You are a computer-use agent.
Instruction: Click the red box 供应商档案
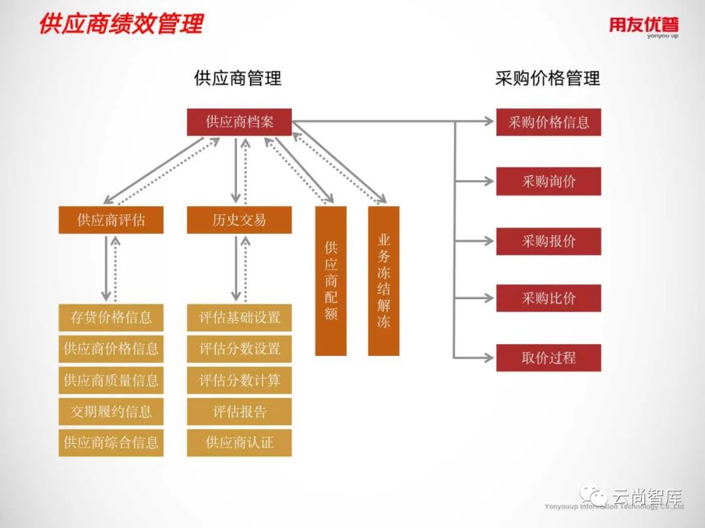click(x=239, y=122)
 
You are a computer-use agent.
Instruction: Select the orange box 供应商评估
click(x=111, y=220)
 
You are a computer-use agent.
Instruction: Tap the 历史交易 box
click(x=239, y=220)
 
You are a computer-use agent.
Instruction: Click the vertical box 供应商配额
click(x=331, y=281)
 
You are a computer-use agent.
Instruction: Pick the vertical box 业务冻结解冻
click(x=383, y=281)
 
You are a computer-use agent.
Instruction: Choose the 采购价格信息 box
click(x=548, y=122)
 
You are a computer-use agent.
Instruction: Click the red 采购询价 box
click(x=548, y=181)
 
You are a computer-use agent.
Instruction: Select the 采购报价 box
click(x=548, y=241)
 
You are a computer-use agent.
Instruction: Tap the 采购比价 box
click(x=548, y=299)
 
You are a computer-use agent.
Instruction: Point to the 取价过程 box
click(x=548, y=358)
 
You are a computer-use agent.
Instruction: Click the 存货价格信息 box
click(x=111, y=317)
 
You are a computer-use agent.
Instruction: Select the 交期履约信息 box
click(x=111, y=412)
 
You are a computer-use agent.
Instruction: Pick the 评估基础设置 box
click(x=239, y=317)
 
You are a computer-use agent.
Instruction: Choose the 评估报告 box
click(x=239, y=412)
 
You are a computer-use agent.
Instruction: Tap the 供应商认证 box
click(x=239, y=443)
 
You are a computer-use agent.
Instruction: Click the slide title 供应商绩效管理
click(x=121, y=24)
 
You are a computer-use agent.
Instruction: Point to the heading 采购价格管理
click(x=547, y=79)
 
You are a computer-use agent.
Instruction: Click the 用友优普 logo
click(x=644, y=26)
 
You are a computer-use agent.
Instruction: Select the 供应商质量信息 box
click(x=111, y=380)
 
